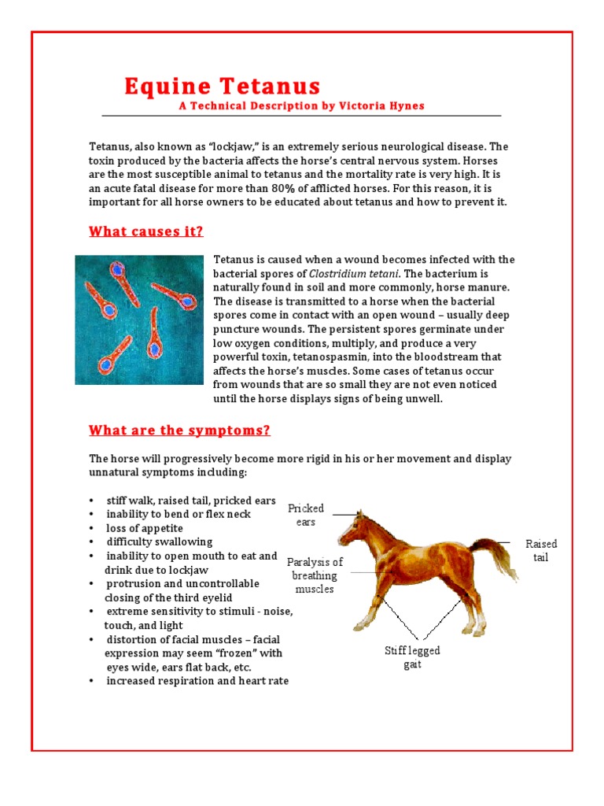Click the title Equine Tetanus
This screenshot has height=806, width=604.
click(x=223, y=87)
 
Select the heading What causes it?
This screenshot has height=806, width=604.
click(x=145, y=231)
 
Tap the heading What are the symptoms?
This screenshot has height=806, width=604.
click(x=179, y=430)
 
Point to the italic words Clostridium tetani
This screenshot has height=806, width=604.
click(x=359, y=273)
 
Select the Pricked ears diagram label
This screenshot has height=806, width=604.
click(x=306, y=515)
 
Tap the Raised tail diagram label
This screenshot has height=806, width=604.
click(x=541, y=550)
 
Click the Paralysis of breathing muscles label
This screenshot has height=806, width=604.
click(x=315, y=575)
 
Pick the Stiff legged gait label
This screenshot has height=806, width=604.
click(x=412, y=657)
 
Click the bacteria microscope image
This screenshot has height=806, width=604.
click(x=140, y=320)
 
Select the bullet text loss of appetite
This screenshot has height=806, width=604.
click(x=145, y=528)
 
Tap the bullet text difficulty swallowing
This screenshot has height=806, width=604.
click(x=160, y=542)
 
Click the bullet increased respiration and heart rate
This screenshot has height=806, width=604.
click(x=197, y=681)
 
